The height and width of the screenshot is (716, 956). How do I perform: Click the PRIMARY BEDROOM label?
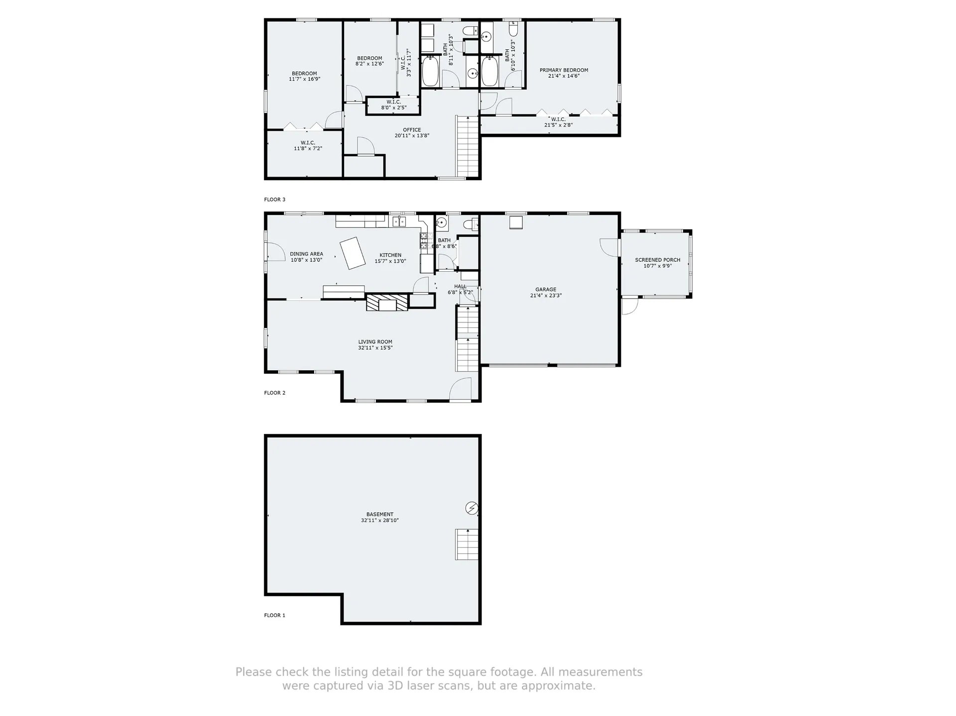(x=564, y=70)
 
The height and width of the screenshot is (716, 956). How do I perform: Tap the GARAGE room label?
(x=546, y=290)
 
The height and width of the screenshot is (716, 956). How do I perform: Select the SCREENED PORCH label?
(x=657, y=260)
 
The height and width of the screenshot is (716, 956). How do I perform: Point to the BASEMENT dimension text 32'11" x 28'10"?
(x=380, y=520)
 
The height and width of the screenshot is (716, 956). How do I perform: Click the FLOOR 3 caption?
(x=275, y=200)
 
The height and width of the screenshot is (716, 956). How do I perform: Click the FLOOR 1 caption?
(x=275, y=615)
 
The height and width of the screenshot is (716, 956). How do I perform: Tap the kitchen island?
(x=353, y=253)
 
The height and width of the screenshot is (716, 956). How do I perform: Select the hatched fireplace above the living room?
(x=387, y=303)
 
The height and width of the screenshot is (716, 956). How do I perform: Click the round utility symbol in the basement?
(x=472, y=508)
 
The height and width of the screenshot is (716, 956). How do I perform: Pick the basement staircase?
(x=467, y=544)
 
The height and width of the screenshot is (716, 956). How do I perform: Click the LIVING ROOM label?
(x=375, y=342)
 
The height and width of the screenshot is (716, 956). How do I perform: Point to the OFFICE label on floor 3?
(x=412, y=130)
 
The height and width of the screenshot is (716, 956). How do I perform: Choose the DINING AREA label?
(x=307, y=254)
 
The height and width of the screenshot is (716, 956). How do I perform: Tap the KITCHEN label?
(x=390, y=255)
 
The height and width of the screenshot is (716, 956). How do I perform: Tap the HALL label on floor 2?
(x=460, y=287)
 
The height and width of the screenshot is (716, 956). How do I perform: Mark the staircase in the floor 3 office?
(x=468, y=145)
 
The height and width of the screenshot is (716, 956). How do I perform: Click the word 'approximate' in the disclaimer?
(x=565, y=686)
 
